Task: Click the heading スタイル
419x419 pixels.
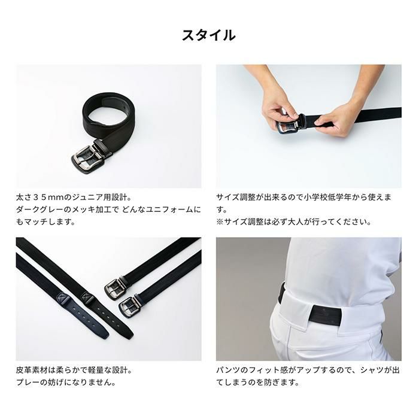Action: (x=209, y=35)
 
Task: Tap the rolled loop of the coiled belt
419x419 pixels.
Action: (x=108, y=113)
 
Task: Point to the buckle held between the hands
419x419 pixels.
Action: (x=290, y=125)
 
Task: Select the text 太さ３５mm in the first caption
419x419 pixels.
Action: (x=40, y=198)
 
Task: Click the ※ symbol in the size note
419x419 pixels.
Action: (x=220, y=222)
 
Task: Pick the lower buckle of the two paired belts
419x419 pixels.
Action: (x=129, y=305)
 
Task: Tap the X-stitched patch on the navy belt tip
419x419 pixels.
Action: (x=64, y=297)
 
